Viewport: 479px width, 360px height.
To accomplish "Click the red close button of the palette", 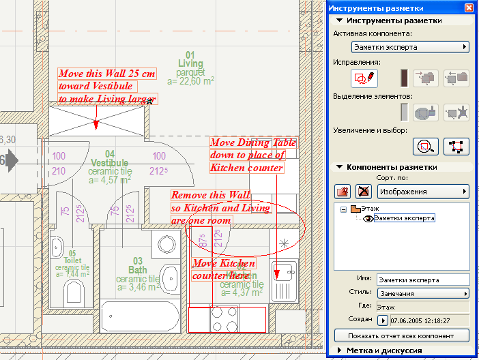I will pos(469,8).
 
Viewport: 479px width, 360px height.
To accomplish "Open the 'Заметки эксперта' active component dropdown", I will pos(410,47).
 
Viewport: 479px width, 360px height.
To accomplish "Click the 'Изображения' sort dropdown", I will pos(424,192).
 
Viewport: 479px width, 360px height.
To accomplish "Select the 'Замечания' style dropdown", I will pos(424,293).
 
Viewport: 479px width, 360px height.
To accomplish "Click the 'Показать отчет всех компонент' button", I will pos(403,336).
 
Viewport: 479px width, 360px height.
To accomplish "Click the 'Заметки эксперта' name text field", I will pos(424,280).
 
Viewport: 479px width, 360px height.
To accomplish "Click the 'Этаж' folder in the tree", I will pos(371,209).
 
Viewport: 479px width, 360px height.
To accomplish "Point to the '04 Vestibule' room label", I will pos(108,163).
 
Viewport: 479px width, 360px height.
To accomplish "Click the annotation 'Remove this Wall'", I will pos(211,195).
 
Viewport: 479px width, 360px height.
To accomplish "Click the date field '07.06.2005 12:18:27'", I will pos(431,320).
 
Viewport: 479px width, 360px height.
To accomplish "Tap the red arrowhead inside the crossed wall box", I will pos(96,125).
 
